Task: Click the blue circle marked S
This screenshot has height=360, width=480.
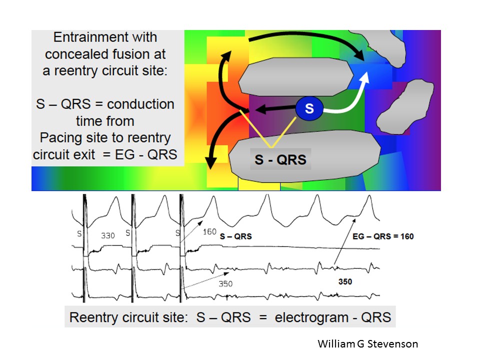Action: click(x=309, y=108)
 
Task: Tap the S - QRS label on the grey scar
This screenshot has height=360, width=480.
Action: click(x=280, y=159)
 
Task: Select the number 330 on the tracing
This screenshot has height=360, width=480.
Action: click(x=108, y=235)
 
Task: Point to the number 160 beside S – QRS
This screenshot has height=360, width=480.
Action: click(x=209, y=231)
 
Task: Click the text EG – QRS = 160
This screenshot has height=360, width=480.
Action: click(x=383, y=236)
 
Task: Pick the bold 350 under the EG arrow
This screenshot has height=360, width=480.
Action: click(x=345, y=281)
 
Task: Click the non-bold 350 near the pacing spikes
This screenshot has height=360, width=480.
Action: click(x=225, y=284)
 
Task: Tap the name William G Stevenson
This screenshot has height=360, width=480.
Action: click(x=367, y=344)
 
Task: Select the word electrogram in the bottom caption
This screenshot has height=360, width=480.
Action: click(x=311, y=317)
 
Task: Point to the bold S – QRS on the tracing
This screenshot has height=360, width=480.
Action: click(x=236, y=236)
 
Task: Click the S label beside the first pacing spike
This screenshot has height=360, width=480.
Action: click(x=79, y=234)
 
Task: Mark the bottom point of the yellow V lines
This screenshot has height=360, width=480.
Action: click(x=271, y=147)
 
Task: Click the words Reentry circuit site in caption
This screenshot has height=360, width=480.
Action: click(x=128, y=317)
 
